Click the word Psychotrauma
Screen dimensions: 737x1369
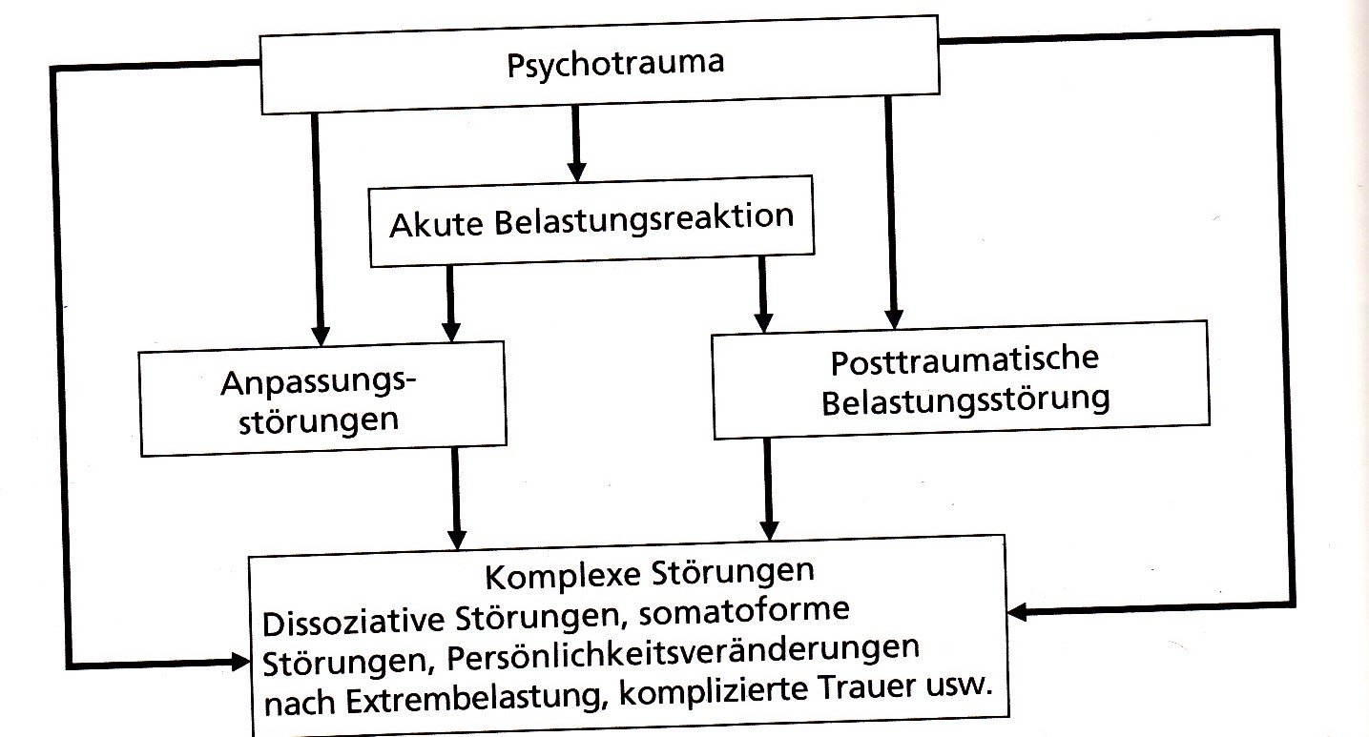click(x=614, y=64)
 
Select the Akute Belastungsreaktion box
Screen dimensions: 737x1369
click(x=591, y=224)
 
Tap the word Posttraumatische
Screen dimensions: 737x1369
click(x=964, y=362)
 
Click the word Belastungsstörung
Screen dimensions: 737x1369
click(x=965, y=399)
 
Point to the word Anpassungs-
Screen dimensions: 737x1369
click(x=320, y=382)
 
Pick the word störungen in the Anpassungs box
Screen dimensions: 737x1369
click(x=318, y=420)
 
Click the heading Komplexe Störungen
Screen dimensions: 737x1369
click(x=649, y=575)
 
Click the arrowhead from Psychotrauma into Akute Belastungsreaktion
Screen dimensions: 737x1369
click(x=574, y=172)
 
